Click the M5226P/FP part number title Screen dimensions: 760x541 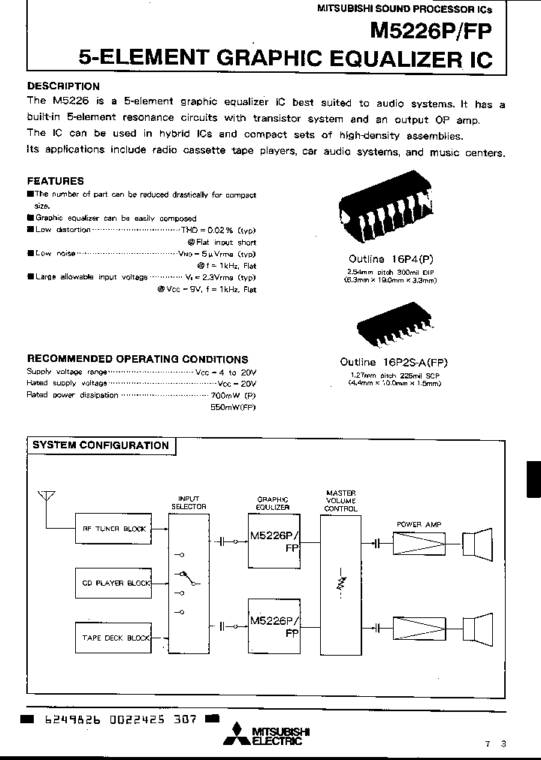[x=431, y=31]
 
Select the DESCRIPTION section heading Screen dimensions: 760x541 [x=63, y=86]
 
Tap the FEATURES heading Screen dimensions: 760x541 [x=56, y=181]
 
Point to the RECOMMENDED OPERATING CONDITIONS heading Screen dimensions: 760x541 [x=138, y=360]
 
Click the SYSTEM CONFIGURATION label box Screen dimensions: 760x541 [x=101, y=445]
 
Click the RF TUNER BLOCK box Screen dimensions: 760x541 [x=113, y=529]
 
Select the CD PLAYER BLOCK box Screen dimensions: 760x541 [x=113, y=583]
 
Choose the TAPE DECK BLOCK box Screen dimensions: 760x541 [x=113, y=638]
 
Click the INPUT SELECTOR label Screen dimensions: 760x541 [x=188, y=502]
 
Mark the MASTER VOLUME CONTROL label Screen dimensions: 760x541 [x=340, y=501]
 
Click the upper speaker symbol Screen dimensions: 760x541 [x=476, y=541]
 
